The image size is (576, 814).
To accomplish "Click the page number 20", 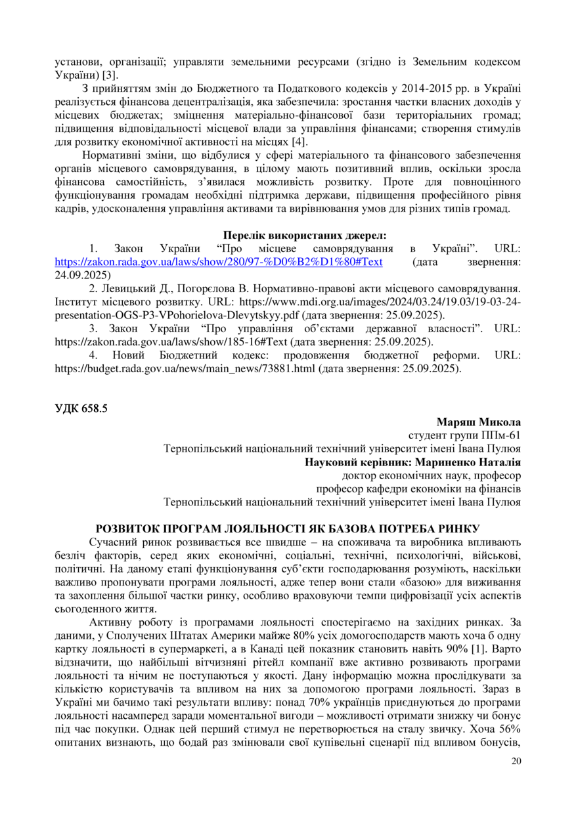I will pos(516,761).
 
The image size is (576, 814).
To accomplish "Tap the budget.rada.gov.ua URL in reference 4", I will pos(185,369).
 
